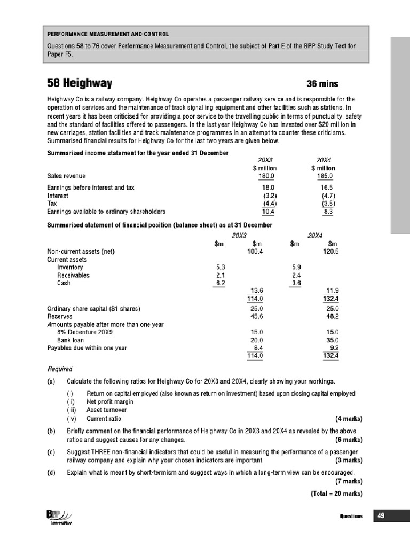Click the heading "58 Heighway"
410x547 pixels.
tap(80, 83)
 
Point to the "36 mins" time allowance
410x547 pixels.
tap(322, 84)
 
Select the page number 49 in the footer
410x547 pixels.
tap(381, 516)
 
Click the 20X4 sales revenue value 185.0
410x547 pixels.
tap(325, 176)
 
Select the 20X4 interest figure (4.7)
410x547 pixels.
tap(327, 196)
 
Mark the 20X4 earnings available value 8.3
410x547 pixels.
tap(328, 212)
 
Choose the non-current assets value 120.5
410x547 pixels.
tap(331, 252)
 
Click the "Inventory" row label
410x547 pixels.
tap(70, 267)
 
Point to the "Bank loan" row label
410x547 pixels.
tap(70, 340)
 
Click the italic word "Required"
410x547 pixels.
tap(60, 369)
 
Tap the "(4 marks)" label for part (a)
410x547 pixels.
tap(349, 418)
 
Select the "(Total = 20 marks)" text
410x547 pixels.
tap(336, 493)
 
